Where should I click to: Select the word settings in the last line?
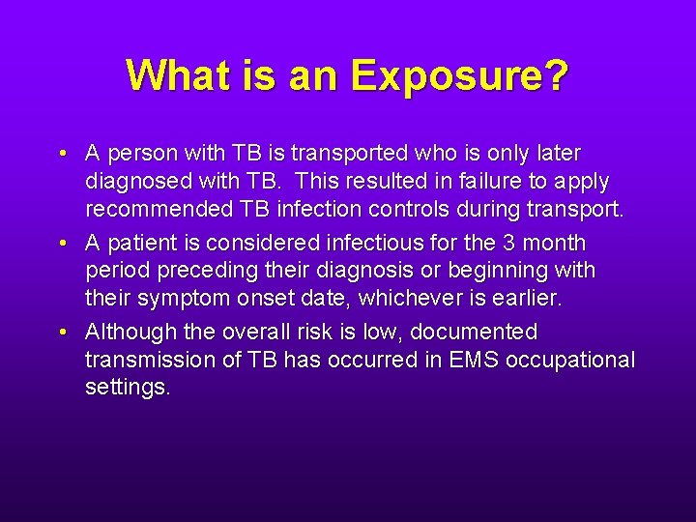tap(128, 387)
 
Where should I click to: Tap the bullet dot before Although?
tap(61, 333)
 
